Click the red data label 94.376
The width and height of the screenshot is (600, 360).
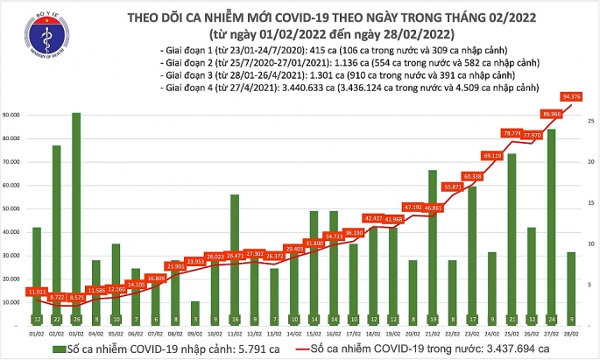[x=573, y=96]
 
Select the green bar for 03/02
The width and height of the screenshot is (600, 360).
[x=77, y=219]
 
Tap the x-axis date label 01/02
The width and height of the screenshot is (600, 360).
[x=37, y=334]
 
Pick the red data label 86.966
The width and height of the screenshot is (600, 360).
[x=553, y=113]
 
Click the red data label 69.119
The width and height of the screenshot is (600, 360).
[x=492, y=155]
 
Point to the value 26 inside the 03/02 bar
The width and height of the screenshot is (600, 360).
[x=77, y=321]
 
